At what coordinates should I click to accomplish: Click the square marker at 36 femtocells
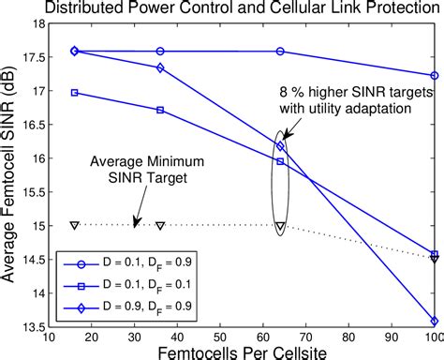pyautogui.click(x=160, y=110)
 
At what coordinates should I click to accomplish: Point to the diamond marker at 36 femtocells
pyautogui.click(x=160, y=67)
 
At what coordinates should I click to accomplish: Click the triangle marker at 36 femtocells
pyautogui.click(x=160, y=226)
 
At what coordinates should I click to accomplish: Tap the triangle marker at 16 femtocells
pyautogui.click(x=75, y=225)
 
